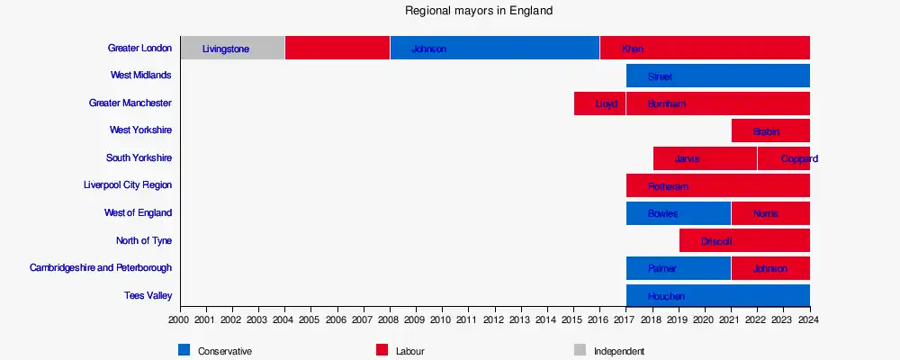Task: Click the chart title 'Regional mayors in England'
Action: tap(479, 11)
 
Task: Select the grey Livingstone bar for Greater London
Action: tap(232, 49)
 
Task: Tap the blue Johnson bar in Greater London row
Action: tap(494, 49)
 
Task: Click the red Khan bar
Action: tap(705, 49)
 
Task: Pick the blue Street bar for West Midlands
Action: tap(717, 76)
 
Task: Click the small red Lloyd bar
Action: tap(599, 103)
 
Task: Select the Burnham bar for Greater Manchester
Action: tap(717, 103)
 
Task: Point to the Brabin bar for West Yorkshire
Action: tap(769, 131)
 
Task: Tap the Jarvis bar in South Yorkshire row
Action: tap(705, 158)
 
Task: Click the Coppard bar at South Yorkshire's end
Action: tap(784, 158)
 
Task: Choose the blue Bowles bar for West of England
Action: tap(679, 213)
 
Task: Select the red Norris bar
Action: tap(769, 213)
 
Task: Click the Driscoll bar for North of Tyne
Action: tap(744, 241)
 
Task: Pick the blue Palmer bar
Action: tap(679, 268)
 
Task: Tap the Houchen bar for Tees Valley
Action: tap(717, 296)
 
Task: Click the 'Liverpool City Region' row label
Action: tap(127, 185)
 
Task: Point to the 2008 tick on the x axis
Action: tap(389, 319)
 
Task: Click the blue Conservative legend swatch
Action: tap(184, 350)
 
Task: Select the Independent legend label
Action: tap(618, 351)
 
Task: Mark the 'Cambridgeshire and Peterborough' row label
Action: tap(101, 268)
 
